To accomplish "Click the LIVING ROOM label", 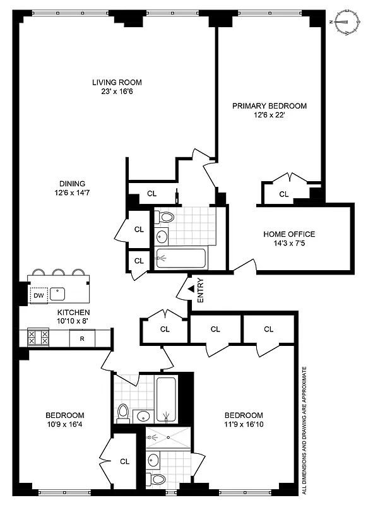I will coord(116,82).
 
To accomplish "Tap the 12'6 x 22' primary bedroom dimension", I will coord(269,115).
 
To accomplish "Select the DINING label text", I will coord(73,184).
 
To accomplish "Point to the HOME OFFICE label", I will coord(289,234).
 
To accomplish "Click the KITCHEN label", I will coord(73,312).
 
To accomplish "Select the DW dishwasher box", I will coord(38,295).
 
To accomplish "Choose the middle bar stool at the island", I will coord(59,273).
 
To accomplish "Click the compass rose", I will coord(346,22).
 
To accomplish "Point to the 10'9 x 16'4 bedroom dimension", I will coord(64,424).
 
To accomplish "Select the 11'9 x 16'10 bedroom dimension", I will coord(244,424).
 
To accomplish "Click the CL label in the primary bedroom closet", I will coord(283,194).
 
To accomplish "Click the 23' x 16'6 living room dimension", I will coord(116,92).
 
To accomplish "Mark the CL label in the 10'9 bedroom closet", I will coord(124,461).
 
